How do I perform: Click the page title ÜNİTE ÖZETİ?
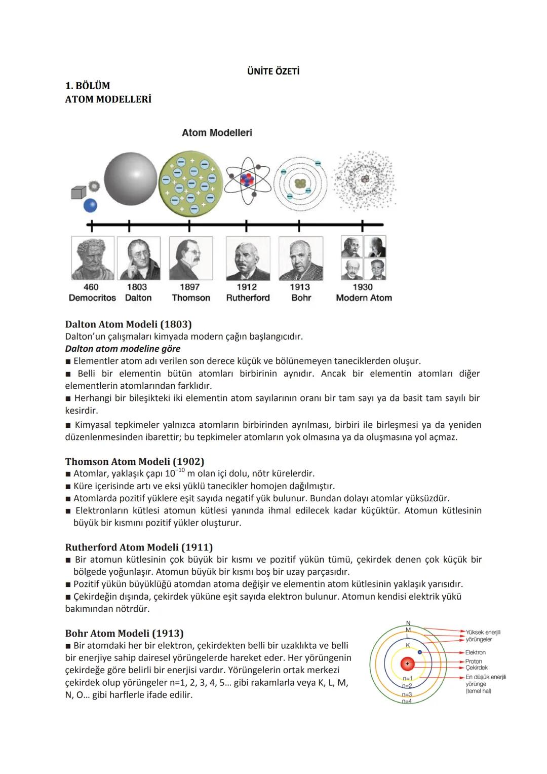[273, 71]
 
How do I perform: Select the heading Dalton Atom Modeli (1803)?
[128, 324]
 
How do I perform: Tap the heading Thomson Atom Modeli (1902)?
[134, 461]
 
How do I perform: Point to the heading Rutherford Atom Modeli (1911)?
[139, 547]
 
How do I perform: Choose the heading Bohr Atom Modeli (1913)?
[124, 633]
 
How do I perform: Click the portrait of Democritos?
[93, 258]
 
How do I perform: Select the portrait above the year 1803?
[138, 258]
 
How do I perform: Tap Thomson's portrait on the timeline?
[191, 258]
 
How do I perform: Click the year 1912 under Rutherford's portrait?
[247, 287]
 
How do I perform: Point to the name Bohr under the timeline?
[301, 298]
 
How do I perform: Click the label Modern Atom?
[364, 298]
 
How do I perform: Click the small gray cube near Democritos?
[78, 193]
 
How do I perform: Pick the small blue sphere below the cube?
[90, 205]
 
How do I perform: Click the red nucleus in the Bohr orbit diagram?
[407, 664]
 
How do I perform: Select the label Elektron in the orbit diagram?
[475, 652]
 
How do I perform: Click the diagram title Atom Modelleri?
[217, 133]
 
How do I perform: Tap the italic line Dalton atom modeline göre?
[123, 349]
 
